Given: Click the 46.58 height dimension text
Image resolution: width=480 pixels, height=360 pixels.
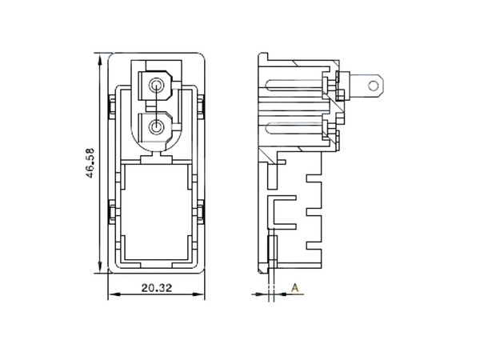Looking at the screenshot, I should pos(91,164).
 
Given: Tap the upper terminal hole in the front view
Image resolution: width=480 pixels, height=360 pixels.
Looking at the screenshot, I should pos(158,83).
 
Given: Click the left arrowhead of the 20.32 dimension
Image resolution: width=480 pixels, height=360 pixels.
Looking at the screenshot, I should pos(110,294).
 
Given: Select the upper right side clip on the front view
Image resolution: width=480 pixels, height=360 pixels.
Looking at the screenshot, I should pos(203,105).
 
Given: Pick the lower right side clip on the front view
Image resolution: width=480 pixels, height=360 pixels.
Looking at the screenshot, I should pos(203,212).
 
